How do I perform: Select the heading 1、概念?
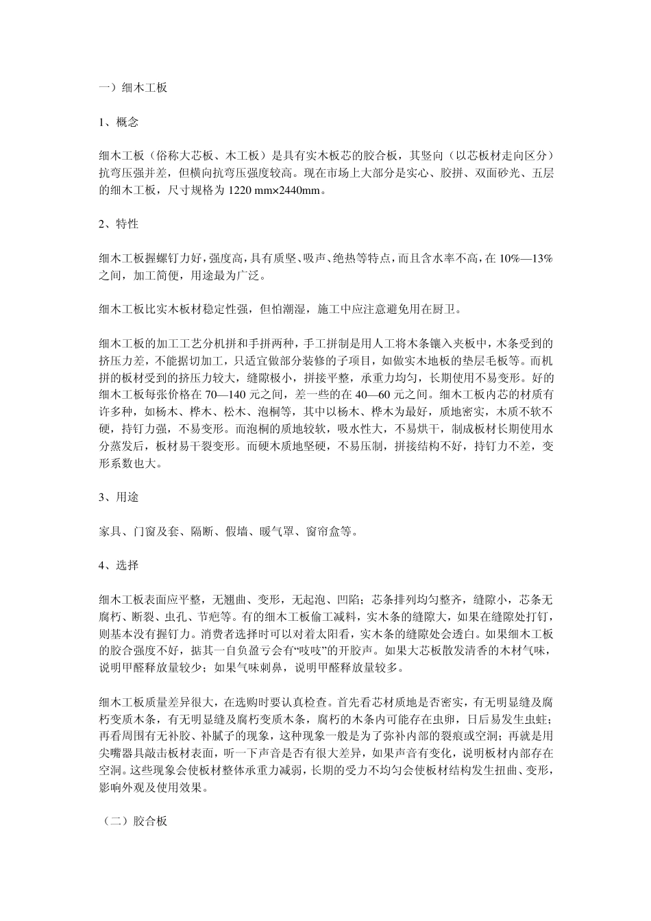119,123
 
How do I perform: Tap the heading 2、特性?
119,224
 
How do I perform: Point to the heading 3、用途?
119,498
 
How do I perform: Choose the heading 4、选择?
119,565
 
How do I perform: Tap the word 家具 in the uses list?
110,531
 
